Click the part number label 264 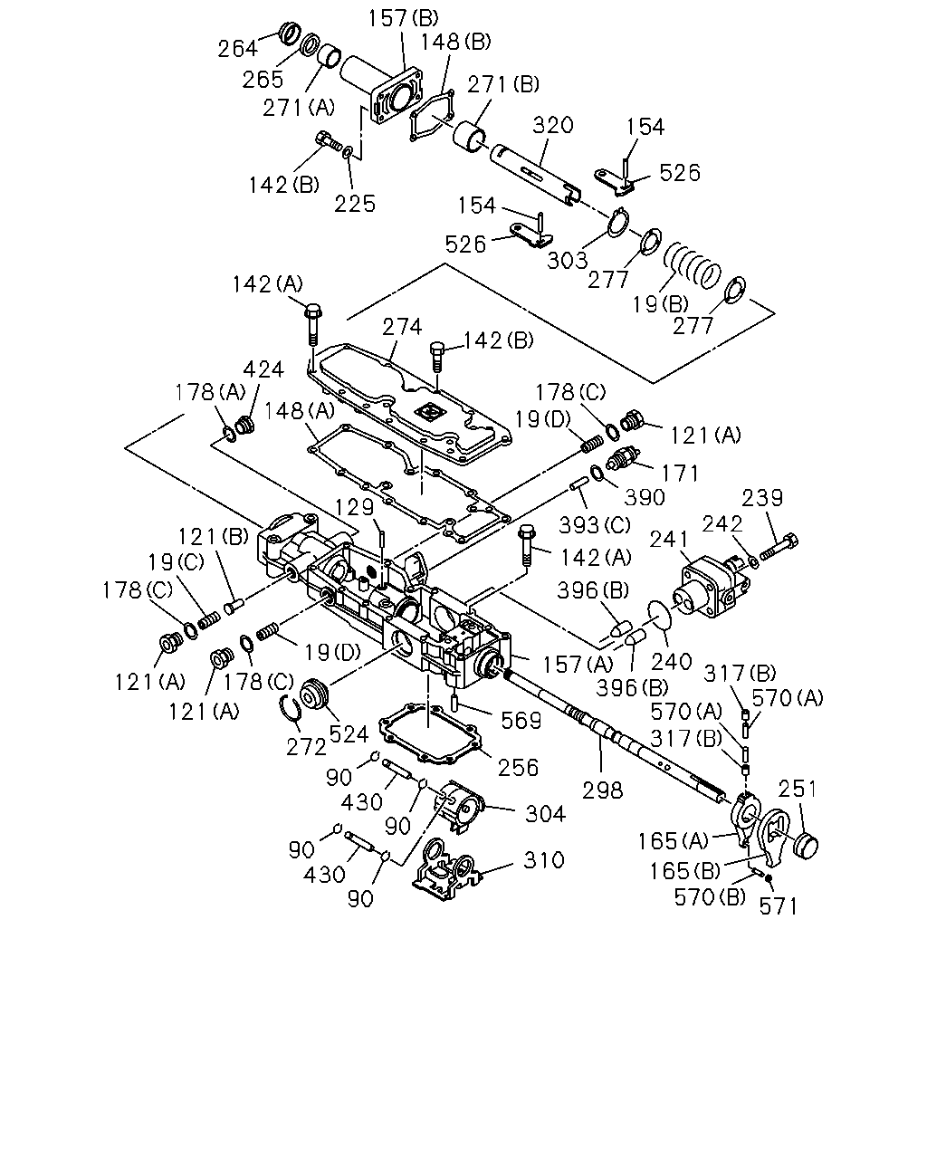coord(237,49)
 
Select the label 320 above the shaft coord(552,126)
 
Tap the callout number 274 coord(402,327)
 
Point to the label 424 coord(263,369)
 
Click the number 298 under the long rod coord(603,790)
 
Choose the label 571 coord(778,906)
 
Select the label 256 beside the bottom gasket coord(518,768)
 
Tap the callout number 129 coord(355,507)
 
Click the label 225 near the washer coord(355,204)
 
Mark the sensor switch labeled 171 coord(624,458)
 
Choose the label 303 coord(568,261)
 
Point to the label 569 coord(521,720)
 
